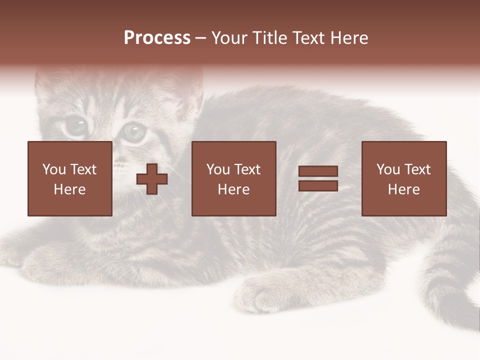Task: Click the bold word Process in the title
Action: [157, 38]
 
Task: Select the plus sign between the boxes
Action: [152, 179]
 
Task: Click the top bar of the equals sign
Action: [318, 171]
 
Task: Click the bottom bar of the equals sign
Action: [318, 186]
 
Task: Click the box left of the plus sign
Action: [69, 178]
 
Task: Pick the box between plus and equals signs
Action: [233, 178]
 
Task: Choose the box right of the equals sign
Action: [403, 178]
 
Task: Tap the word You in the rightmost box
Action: [387, 169]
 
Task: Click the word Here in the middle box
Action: [233, 189]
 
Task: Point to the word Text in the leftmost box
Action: [83, 169]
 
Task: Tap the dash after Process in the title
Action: [200, 38]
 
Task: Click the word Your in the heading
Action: [231, 38]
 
